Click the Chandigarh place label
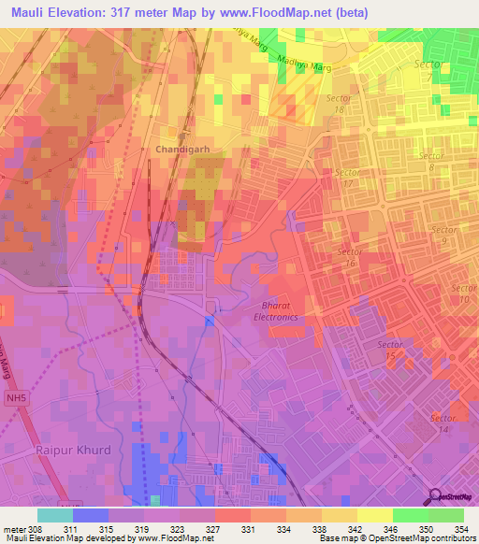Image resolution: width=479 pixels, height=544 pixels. (x=181, y=150)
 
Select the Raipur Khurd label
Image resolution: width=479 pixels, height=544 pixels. (x=73, y=450)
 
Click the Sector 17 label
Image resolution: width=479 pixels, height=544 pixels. (x=349, y=178)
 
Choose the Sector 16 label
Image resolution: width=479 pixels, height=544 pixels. (x=350, y=258)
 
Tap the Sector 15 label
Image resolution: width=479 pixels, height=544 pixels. (x=390, y=351)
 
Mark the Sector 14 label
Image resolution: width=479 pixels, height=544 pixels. (x=443, y=422)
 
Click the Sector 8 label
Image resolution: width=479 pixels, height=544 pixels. (x=431, y=162)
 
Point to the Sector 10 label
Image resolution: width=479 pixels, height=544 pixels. (x=462, y=293)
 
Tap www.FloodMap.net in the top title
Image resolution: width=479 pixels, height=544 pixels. (x=282, y=12)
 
